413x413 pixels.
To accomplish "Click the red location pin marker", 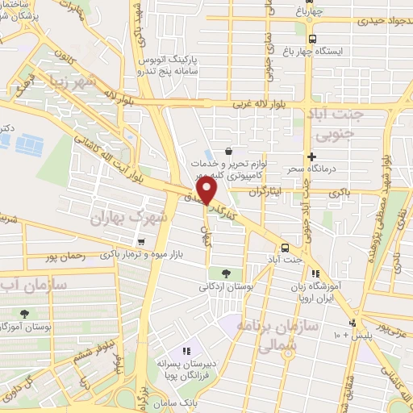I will click(x=207, y=190).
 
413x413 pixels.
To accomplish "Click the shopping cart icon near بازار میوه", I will click(x=141, y=241).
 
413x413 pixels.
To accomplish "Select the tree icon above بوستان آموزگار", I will click(x=25, y=313).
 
